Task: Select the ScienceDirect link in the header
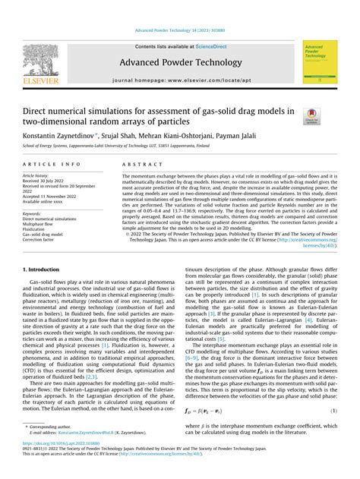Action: click(216, 46)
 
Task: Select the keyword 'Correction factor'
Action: click(43, 241)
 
